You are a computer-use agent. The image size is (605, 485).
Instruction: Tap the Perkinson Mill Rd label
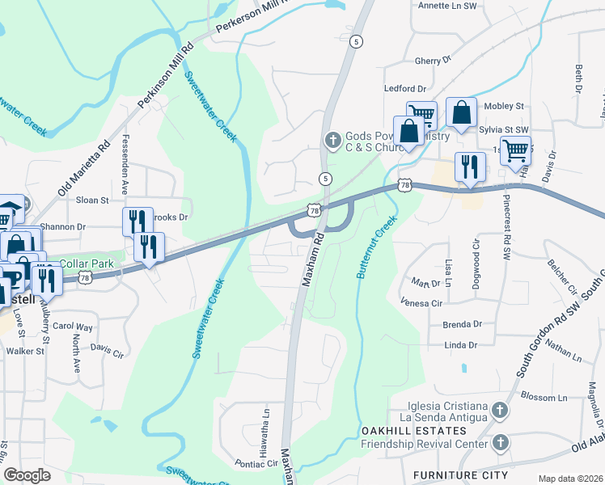167,76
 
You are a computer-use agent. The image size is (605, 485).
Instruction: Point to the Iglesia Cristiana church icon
500,411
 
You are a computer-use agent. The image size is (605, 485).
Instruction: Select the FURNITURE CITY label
460,474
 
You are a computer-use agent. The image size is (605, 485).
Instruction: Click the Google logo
27,475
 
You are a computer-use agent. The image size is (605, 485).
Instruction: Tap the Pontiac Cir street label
256,465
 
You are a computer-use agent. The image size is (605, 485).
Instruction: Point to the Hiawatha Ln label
264,427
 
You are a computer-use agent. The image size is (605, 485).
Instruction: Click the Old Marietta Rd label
83,171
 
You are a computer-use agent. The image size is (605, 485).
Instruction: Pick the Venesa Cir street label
421,303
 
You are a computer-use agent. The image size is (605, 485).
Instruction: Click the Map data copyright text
570,479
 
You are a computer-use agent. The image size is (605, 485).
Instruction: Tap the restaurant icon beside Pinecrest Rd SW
470,168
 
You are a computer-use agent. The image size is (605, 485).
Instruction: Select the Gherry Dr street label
432,61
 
